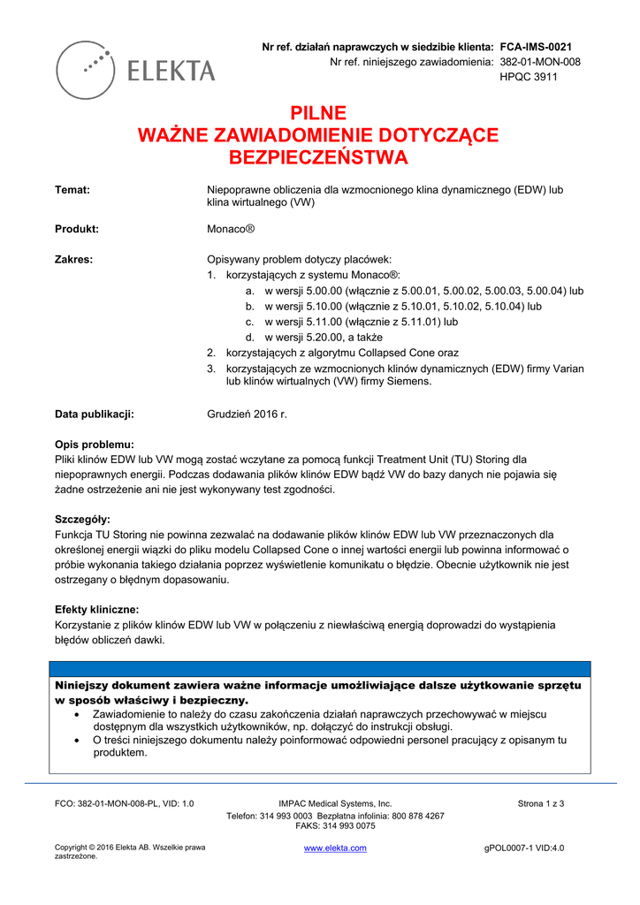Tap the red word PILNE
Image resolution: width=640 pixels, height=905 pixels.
click(319, 113)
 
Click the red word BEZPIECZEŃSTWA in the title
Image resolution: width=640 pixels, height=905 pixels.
click(319, 158)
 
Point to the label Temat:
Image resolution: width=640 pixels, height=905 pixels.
click(72, 190)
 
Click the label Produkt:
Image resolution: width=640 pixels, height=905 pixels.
click(77, 228)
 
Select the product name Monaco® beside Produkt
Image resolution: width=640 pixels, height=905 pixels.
click(231, 228)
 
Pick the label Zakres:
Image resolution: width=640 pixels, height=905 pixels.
click(74, 260)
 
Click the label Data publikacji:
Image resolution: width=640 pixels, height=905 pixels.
click(95, 414)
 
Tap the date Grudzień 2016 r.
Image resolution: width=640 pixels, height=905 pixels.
click(248, 414)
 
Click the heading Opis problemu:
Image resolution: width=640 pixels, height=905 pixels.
click(95, 445)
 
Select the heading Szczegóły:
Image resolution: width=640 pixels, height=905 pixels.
click(83, 519)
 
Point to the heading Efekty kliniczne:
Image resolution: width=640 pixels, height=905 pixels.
click(97, 610)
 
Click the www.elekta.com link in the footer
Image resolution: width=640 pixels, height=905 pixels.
click(335, 848)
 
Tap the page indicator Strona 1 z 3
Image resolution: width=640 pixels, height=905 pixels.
click(541, 803)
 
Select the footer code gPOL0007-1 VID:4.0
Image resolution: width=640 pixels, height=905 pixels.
click(524, 848)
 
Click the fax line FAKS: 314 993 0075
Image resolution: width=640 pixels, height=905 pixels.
click(335, 826)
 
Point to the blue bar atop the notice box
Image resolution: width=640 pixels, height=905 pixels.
click(319, 669)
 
